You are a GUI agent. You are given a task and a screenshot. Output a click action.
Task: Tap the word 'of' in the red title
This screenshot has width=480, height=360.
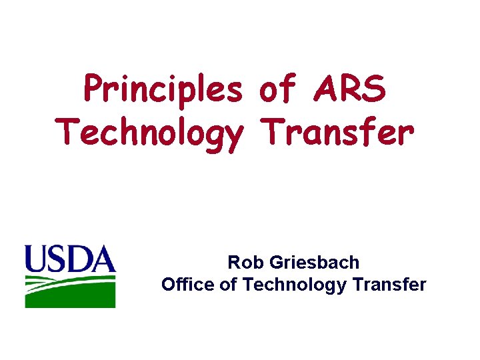point(277,90)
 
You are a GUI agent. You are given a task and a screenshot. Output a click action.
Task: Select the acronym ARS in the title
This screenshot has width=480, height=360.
point(349,90)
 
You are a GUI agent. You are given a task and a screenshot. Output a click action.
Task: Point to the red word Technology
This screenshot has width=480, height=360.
point(150,133)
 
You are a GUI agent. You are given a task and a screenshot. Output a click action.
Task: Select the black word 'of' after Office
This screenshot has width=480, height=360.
point(229,285)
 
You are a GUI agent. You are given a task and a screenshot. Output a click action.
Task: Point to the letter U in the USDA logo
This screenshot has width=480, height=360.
point(37,258)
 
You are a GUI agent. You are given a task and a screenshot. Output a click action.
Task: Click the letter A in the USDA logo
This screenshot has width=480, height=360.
point(103,258)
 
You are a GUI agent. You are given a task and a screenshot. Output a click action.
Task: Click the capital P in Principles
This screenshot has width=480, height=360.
point(93,90)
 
